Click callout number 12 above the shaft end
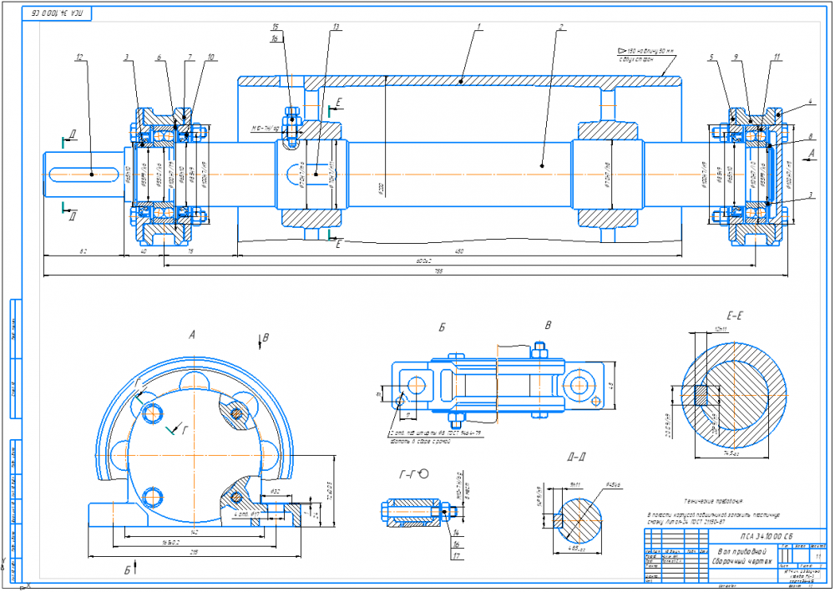[x=78, y=58]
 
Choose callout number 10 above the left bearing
[x=210, y=58]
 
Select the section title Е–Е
[x=736, y=316]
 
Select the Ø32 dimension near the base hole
[x=276, y=492]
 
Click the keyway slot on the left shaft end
[x=83, y=173]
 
